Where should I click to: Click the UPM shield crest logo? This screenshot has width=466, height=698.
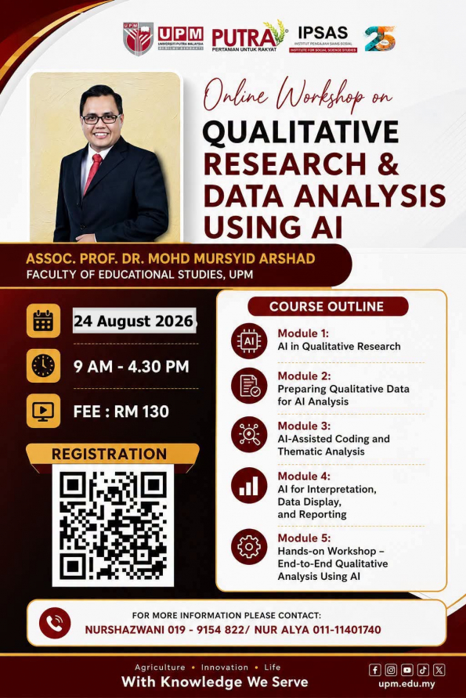(138, 38)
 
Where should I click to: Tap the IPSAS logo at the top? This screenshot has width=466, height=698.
(323, 38)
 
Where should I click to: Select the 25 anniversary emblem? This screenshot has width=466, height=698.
(380, 38)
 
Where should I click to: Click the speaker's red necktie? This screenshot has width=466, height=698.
(92, 174)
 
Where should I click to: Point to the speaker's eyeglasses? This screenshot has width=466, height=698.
(101, 118)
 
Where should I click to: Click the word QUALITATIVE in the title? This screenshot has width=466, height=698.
(300, 131)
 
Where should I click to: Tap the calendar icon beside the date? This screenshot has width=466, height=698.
(43, 321)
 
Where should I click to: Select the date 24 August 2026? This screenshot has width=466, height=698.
(134, 321)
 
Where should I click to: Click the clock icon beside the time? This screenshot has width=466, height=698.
(43, 366)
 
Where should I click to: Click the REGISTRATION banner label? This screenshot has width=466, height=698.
(109, 454)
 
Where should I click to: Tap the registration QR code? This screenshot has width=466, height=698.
(113, 525)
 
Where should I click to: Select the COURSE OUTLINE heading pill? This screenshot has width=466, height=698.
(328, 306)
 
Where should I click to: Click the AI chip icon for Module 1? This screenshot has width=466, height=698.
(249, 341)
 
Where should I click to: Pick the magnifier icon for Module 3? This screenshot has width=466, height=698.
(249, 435)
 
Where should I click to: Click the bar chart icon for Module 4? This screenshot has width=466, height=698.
(249, 485)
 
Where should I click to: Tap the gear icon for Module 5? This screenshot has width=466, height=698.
(249, 547)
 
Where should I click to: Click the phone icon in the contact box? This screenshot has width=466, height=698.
(55, 623)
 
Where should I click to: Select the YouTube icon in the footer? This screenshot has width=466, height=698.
(406, 670)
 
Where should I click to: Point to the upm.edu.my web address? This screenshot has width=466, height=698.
(406, 684)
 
